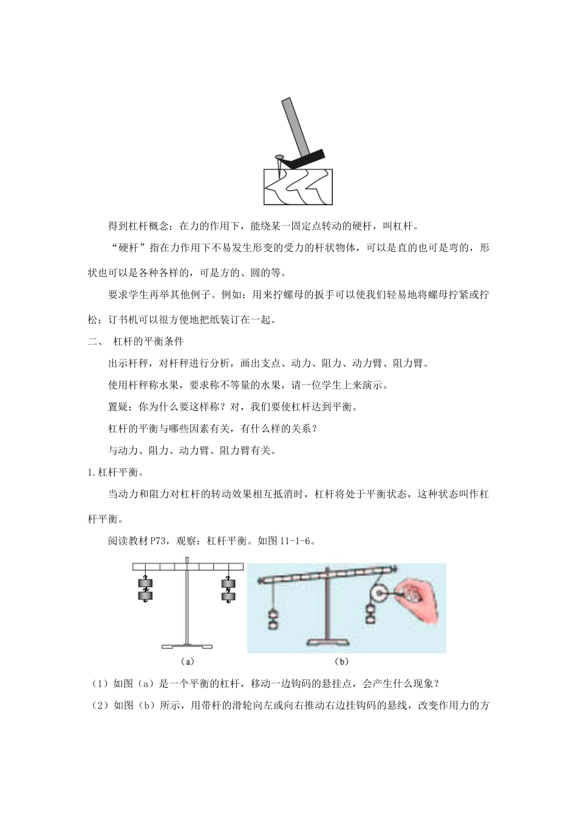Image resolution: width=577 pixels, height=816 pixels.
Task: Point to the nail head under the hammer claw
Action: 279,157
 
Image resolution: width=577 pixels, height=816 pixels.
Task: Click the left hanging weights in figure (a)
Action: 145,590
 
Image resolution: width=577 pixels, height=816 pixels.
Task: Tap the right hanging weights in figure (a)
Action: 228,590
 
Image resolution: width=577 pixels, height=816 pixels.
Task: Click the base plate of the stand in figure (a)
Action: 187,646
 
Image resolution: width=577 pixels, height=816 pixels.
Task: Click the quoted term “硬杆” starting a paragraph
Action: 126,248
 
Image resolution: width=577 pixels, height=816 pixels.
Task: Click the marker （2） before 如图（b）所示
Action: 100,705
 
